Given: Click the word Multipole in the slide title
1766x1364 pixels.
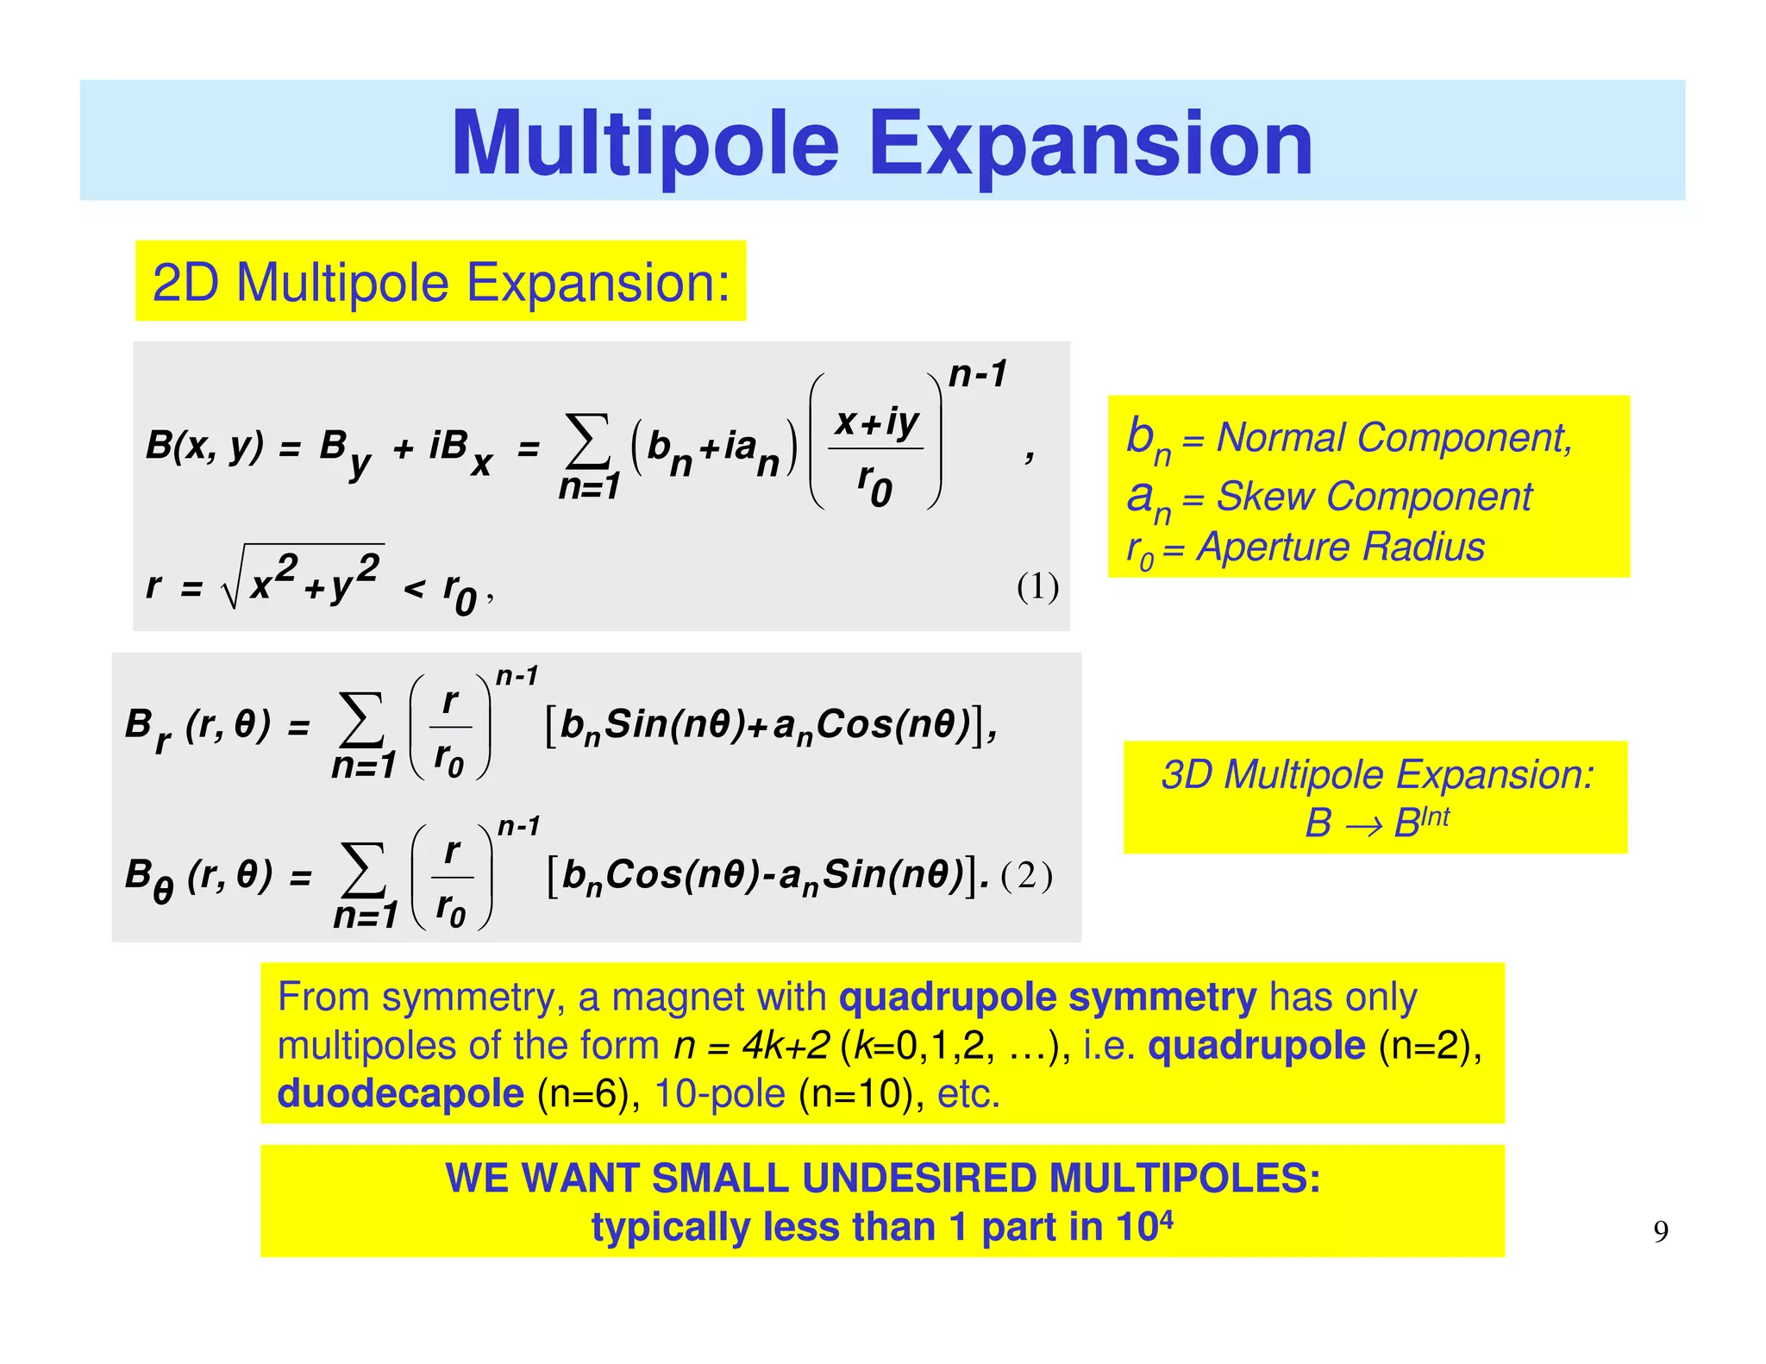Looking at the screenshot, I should pyautogui.click(x=645, y=144).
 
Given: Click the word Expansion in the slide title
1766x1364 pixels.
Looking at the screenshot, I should pyautogui.click(x=1091, y=144).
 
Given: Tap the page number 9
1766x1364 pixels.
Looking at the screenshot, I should pyautogui.click(x=1661, y=1231).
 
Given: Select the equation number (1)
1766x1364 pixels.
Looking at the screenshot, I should pyautogui.click(x=1037, y=587).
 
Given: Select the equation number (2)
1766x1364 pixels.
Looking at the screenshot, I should pyautogui.click(x=1026, y=876).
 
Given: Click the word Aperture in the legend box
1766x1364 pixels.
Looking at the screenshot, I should pyautogui.click(x=1274, y=547).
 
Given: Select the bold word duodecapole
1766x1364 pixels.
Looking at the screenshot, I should pyautogui.click(x=400, y=1093).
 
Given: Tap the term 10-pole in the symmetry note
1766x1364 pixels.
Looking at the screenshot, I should pyautogui.click(x=720, y=1093).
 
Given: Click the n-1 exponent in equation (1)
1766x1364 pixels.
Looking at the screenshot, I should pyautogui.click(x=977, y=374).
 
